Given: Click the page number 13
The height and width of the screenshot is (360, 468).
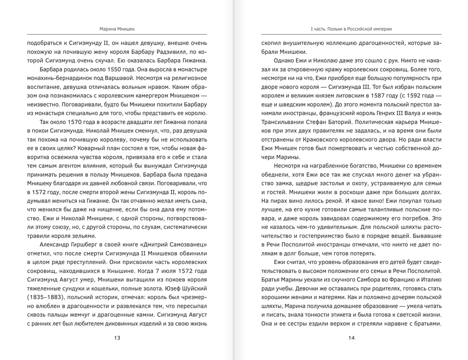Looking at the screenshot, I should [117, 338].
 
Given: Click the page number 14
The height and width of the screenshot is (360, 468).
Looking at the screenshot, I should [351, 338].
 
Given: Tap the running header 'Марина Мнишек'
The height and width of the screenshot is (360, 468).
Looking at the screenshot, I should [117, 29].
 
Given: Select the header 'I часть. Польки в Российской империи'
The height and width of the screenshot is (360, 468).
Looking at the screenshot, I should [351, 29].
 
